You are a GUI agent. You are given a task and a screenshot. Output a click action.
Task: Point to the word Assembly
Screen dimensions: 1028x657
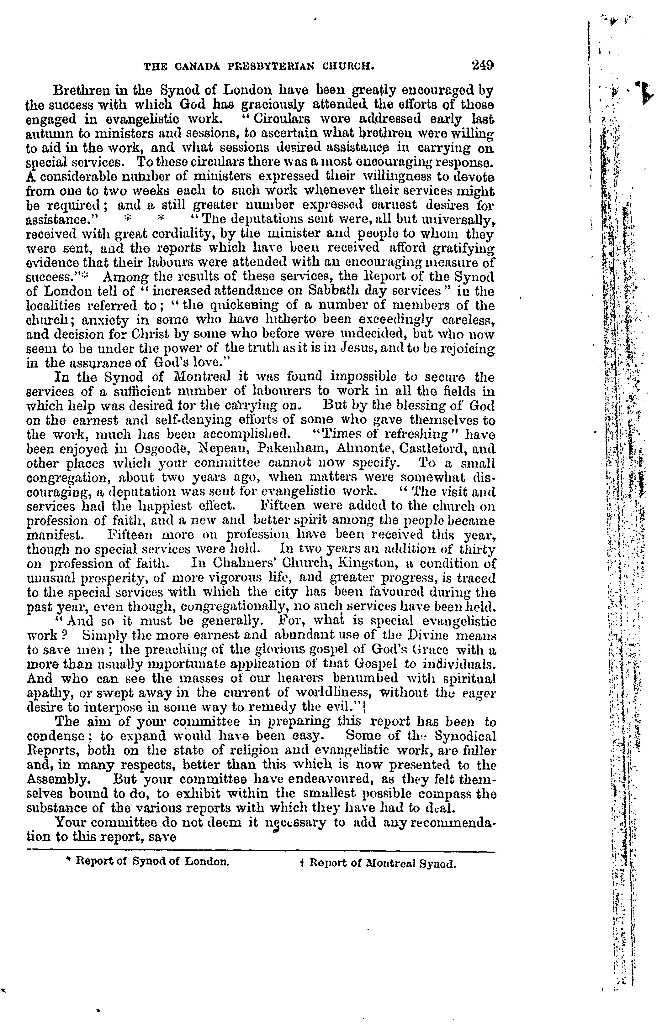58,779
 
